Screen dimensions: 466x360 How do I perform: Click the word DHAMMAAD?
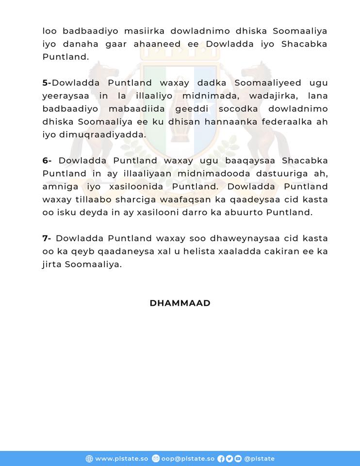[180, 303]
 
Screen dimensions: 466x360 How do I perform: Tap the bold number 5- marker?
[47, 83]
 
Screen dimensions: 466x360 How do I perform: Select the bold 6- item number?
[48, 161]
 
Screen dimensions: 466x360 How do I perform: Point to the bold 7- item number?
[47, 238]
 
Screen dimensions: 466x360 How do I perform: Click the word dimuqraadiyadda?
[108, 135]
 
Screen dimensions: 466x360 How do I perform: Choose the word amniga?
[59, 187]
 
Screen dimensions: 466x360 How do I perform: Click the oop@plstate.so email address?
[187, 459]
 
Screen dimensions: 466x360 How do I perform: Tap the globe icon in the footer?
[89, 459]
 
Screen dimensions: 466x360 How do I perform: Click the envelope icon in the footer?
[155, 459]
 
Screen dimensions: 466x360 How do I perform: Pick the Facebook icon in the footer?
[221, 459]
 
